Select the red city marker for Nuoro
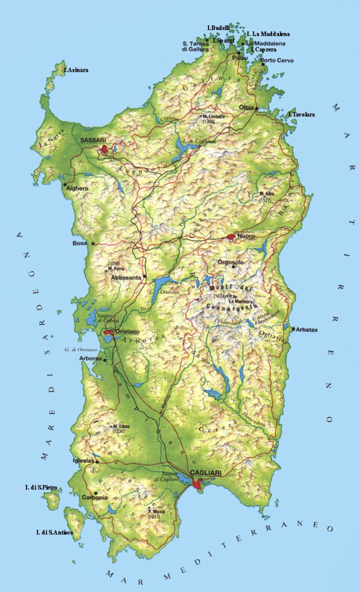231,236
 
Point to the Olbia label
247,108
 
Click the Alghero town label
77,188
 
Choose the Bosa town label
79,243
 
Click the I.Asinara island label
76,70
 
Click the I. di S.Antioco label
54,532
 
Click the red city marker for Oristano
109,332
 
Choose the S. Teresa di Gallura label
195,46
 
